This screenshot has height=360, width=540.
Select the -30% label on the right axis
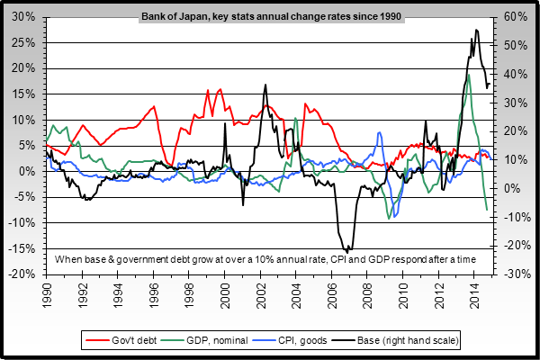(514, 274)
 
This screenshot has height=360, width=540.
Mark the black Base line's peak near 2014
(476, 30)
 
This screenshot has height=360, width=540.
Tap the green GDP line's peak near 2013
(468, 75)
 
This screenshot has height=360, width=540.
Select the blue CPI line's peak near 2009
(381, 133)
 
